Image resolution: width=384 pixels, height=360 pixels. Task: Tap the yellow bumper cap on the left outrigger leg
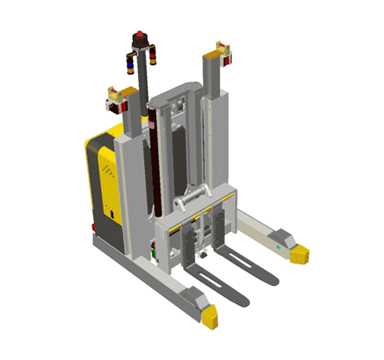pyautogui.click(x=209, y=317)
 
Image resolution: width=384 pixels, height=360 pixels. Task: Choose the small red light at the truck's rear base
pyautogui.click(x=93, y=228)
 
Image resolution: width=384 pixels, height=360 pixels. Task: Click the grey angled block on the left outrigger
pyautogui.click(x=190, y=297)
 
